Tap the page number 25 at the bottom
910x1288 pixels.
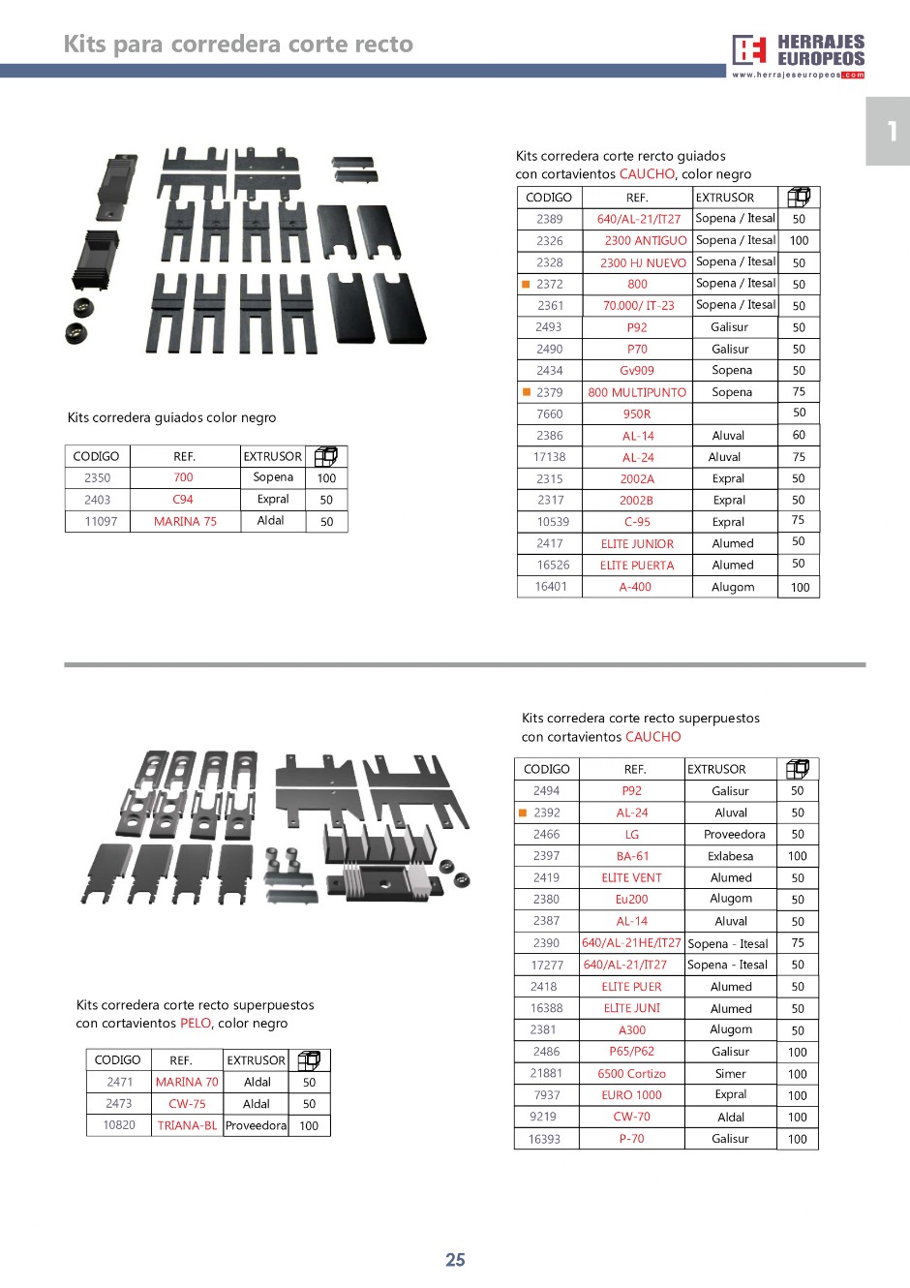[455, 1260]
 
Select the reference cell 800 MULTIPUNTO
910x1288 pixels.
[637, 392]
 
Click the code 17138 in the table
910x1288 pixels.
[549, 457]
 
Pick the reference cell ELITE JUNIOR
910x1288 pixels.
[637, 543]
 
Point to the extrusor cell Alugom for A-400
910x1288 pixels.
[733, 587]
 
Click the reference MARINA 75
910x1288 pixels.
[185, 521]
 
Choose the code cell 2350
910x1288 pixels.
[98, 477]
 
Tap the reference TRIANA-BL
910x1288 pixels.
[187, 1125]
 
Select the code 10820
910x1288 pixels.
[119, 1125]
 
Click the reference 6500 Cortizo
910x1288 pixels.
[631, 1073]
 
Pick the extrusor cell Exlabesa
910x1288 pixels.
[730, 856]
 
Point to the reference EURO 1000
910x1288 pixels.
[631, 1095]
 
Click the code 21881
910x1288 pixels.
[546, 1073]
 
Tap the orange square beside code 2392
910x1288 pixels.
[524, 813]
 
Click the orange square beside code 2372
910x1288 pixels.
[527, 284]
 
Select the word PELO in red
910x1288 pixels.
[196, 1023]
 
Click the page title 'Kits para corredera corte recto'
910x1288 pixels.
[238, 44]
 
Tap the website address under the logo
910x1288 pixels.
[786, 75]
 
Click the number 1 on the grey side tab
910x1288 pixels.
[892, 131]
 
